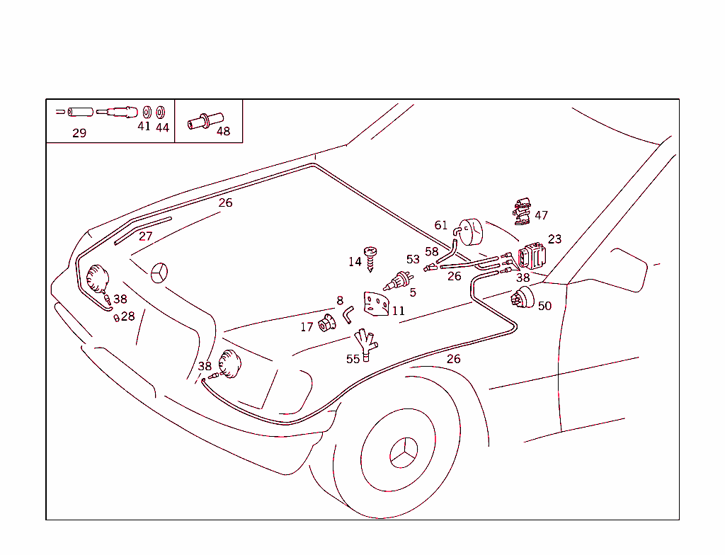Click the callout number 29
tap(79, 133)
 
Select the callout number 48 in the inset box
tap(223, 131)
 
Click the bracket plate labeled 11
tap(377, 304)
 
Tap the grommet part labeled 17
tap(326, 324)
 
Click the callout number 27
tap(145, 236)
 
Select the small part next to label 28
tap(116, 318)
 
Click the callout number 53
tap(413, 260)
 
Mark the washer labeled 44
tap(161, 113)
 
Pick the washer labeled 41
tap(147, 113)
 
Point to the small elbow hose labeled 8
tap(348, 313)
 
